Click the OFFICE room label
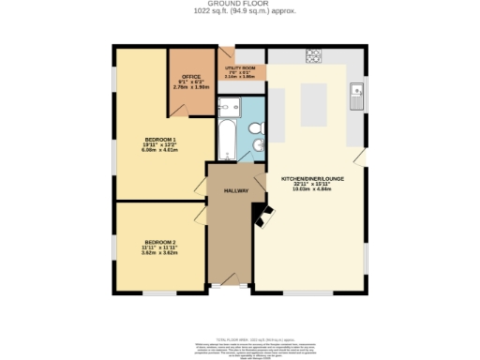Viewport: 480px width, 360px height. coord(191,77)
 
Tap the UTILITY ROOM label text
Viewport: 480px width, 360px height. coord(240,68)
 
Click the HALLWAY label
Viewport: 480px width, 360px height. coord(235,190)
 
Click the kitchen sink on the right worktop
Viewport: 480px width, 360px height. coord(355,91)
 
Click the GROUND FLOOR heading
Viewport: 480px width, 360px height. coord(239,4)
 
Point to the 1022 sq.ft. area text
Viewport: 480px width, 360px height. coord(239,11)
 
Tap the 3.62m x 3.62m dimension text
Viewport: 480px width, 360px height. coord(160,252)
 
